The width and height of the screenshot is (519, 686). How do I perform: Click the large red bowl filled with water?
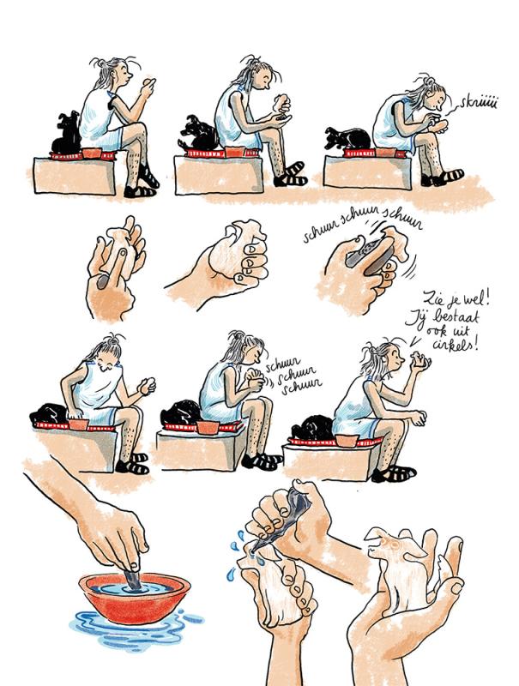(135, 597)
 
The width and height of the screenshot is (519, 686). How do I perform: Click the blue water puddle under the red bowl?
(136, 630)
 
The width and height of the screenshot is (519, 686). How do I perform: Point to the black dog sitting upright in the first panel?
(67, 133)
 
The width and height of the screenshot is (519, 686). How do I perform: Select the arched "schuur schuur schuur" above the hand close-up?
(363, 225)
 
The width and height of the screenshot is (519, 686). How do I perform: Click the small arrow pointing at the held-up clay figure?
(415, 341)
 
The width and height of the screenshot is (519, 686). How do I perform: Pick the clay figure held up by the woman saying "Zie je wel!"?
(420, 359)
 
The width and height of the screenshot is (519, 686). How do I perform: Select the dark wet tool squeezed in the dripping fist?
(284, 521)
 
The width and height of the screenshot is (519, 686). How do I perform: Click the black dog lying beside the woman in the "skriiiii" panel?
(349, 138)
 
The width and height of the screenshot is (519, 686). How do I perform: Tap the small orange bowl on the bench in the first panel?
(92, 153)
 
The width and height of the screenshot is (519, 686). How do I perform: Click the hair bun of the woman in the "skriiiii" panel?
(429, 81)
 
